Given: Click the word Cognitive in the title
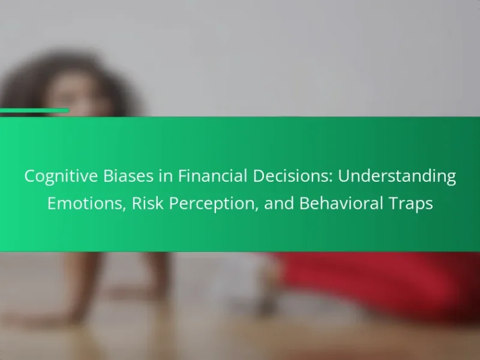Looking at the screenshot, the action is click(x=61, y=177).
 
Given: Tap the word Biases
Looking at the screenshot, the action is click(x=128, y=176).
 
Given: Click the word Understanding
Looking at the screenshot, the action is click(x=397, y=177).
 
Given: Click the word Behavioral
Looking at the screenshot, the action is click(x=341, y=203).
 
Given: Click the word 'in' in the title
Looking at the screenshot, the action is click(x=166, y=176).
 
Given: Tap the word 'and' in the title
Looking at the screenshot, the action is click(x=279, y=203).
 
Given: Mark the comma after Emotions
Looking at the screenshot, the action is click(x=124, y=209).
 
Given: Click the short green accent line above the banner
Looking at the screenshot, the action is click(x=34, y=110).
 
